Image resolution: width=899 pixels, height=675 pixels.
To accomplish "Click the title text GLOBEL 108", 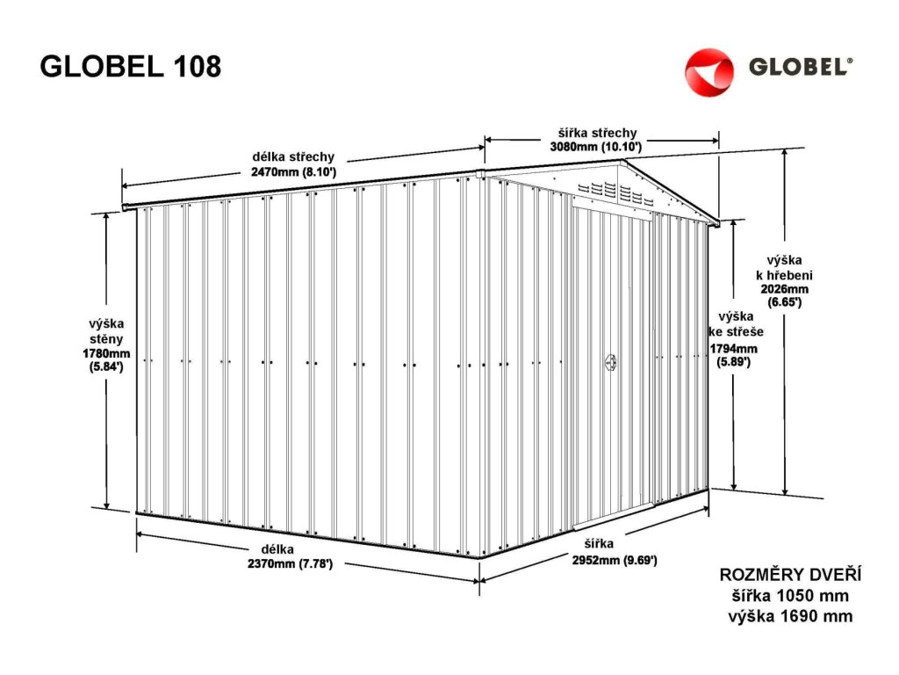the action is [x=131, y=67].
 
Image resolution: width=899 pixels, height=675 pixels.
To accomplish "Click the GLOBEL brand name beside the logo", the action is [x=800, y=68].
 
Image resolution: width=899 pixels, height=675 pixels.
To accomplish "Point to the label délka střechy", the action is [x=293, y=157].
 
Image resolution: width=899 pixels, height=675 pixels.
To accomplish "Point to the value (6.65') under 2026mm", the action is [x=784, y=301].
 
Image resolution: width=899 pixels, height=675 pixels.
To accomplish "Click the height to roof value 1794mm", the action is [x=735, y=348].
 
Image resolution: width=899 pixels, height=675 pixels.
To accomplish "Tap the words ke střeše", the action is [x=736, y=332].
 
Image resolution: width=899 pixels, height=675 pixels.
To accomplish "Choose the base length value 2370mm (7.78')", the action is [x=290, y=563].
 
